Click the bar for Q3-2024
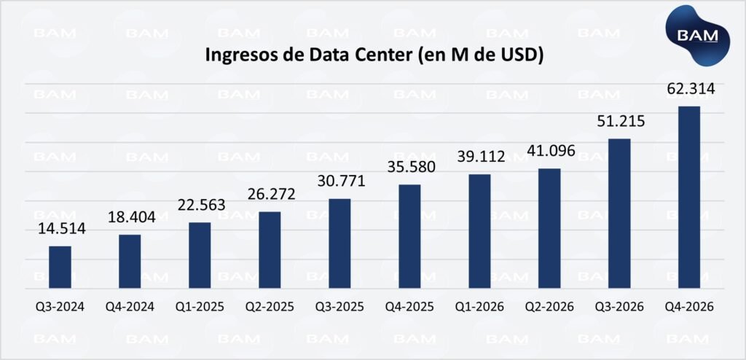[60, 267]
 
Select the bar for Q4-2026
[689, 197]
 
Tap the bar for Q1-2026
[479, 231]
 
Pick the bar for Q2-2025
[270, 249]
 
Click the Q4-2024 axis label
[130, 307]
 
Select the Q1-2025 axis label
[200, 307]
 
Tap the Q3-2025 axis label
[339, 307]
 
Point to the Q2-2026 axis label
[550, 307]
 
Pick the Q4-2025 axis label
[409, 307]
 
